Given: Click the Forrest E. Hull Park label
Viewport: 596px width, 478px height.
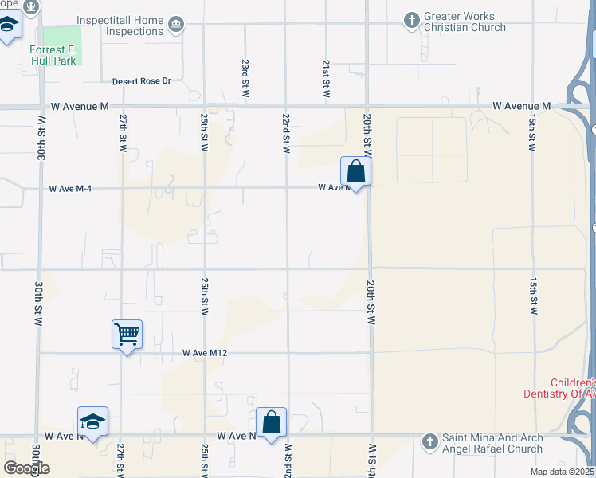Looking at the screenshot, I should [x=53, y=54].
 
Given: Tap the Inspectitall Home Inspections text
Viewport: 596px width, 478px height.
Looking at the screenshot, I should [x=120, y=25].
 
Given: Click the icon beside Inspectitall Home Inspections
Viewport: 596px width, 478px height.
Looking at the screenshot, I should [x=177, y=25].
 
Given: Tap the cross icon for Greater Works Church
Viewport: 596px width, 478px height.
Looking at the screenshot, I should [x=411, y=19].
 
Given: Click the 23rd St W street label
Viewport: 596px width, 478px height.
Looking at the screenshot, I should [x=246, y=78].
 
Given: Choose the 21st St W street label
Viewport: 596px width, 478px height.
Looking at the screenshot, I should [x=327, y=78].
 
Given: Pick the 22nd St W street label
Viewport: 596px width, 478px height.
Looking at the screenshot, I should [x=285, y=132].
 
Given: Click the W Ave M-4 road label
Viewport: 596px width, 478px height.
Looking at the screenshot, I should [x=72, y=189].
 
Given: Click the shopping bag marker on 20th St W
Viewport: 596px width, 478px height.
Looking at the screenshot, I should [x=355, y=171].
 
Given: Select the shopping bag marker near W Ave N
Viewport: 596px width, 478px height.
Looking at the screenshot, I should [x=271, y=422].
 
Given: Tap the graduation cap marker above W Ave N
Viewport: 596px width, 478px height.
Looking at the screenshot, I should [x=92, y=421].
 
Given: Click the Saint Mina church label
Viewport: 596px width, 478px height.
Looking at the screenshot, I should [x=493, y=442].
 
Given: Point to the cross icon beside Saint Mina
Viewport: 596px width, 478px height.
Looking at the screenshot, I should [x=430, y=440].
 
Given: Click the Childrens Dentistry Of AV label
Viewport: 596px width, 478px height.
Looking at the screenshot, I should [x=559, y=388].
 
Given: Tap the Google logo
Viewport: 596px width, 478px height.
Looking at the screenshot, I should [x=26, y=468].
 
